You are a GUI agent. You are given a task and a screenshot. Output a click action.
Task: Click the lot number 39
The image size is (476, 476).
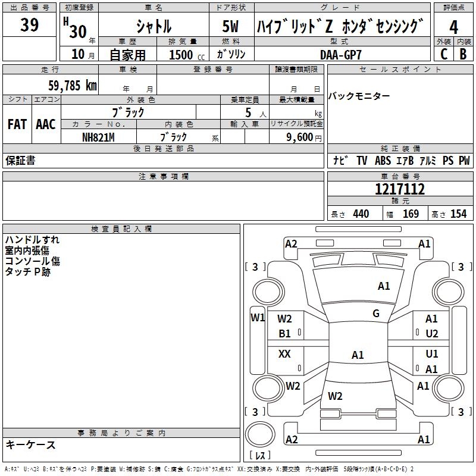(x=30, y=26)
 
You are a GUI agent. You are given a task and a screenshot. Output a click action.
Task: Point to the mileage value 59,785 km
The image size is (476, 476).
(x=72, y=85)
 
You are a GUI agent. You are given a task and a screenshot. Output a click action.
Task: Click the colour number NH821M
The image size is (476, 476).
(x=98, y=136)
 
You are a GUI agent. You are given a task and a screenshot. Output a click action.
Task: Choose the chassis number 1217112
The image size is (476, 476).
(x=400, y=189)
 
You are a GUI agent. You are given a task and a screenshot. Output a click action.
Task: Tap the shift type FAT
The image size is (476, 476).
(x=17, y=124)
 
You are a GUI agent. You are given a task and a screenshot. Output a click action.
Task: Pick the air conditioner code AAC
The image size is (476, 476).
(x=46, y=124)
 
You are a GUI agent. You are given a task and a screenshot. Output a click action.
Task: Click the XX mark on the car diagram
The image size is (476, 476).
(x=284, y=354)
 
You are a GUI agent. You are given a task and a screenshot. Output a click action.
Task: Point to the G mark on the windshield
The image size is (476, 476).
(x=375, y=314)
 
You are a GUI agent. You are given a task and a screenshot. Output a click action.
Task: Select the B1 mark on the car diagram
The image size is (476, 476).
(x=285, y=334)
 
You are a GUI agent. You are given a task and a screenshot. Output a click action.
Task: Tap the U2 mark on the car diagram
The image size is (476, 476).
(x=432, y=334)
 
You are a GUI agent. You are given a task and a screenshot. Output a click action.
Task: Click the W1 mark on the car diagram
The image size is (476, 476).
(x=258, y=317)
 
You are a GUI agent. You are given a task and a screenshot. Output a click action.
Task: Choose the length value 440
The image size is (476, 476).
(x=361, y=214)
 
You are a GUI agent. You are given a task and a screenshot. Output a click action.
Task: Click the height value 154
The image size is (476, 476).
(x=458, y=214)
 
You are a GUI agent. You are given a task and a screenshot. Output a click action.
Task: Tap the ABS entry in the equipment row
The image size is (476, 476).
(x=383, y=161)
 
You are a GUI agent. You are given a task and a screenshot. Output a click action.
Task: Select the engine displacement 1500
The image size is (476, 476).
(x=181, y=55)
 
